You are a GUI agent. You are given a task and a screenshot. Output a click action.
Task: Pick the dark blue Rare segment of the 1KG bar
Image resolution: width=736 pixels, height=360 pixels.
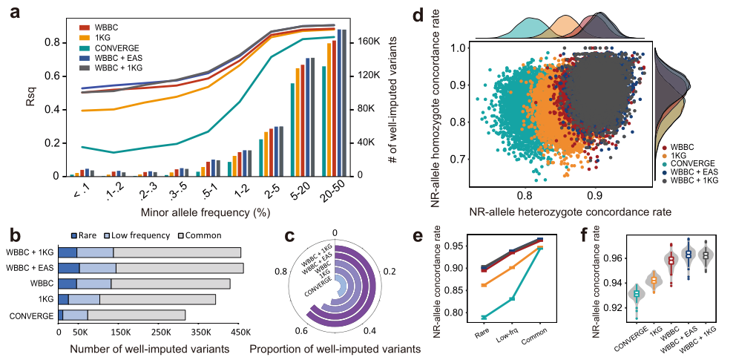coord(64,298)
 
